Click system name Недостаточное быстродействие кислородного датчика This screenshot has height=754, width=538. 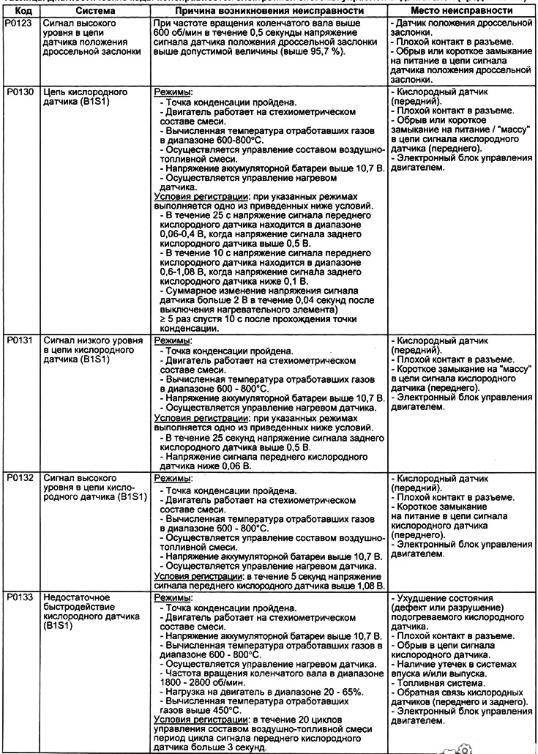point(81,612)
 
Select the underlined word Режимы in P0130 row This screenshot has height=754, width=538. point(174,94)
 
